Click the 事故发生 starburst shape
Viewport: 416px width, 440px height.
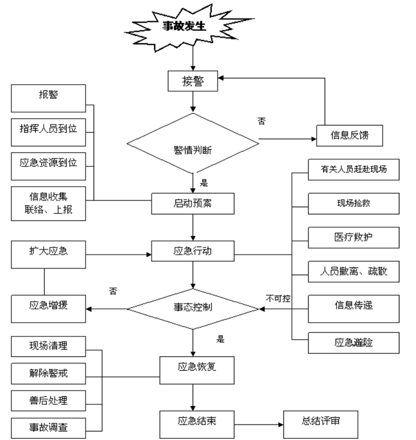(x=184, y=27)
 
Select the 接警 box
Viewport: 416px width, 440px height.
(x=193, y=82)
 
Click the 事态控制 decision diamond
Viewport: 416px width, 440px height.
(x=193, y=308)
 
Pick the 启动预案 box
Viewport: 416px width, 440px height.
(x=193, y=203)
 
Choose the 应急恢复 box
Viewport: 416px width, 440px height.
(x=197, y=369)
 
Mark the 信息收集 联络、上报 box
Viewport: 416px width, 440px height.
(x=49, y=203)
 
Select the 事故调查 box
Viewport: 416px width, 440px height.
(x=49, y=427)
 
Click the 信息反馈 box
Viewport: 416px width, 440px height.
(x=349, y=136)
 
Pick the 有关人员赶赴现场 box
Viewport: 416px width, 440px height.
(x=354, y=170)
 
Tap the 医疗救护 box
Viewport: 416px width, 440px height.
(x=354, y=237)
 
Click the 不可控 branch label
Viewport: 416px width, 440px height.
(x=278, y=299)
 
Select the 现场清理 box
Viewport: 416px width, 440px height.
(x=49, y=346)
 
